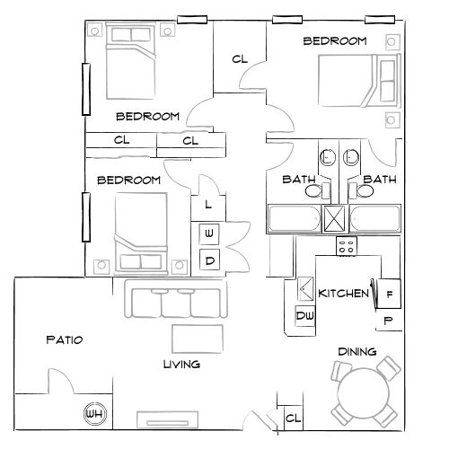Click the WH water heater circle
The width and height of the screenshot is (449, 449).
point(92,414)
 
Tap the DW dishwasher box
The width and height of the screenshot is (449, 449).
point(304,316)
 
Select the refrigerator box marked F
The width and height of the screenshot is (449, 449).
point(391,294)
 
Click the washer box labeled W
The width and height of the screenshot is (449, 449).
point(209,234)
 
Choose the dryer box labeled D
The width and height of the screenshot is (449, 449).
point(209,260)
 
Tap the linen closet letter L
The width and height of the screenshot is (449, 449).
point(208,205)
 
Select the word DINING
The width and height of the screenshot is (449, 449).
point(357,351)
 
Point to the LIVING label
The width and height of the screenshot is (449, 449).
point(180,365)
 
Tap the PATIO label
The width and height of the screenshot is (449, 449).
point(64,340)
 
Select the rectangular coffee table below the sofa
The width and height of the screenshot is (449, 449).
point(198,338)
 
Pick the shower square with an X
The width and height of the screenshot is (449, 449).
point(335,218)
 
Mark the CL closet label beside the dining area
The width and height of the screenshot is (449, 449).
point(292,418)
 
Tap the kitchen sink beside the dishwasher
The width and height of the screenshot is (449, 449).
point(304,290)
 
